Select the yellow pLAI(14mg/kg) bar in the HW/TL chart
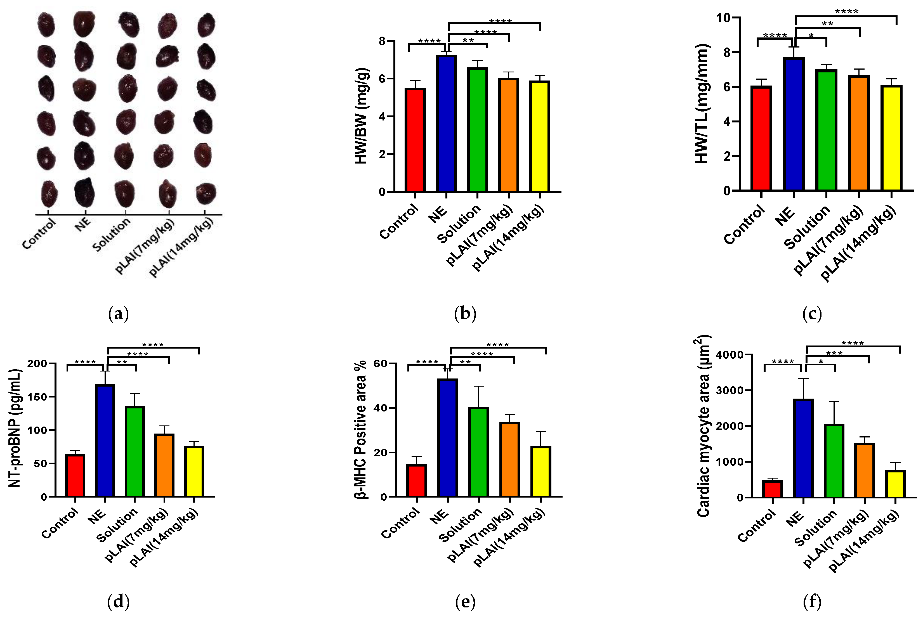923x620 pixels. [891, 138]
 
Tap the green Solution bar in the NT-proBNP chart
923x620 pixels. [135, 451]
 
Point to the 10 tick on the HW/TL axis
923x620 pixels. [722, 18]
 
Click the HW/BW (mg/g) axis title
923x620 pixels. [362, 116]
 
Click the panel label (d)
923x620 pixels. [118, 602]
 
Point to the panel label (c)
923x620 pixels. [812, 314]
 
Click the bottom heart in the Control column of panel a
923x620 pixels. [49, 194]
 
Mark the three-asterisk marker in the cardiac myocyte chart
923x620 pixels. [834, 353]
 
